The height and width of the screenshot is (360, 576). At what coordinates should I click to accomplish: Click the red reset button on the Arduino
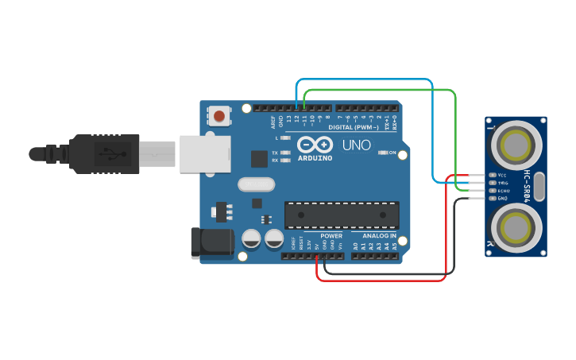218,118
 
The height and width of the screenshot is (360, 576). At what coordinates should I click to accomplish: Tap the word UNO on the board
356,145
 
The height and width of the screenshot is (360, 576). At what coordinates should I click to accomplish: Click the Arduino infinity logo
315,145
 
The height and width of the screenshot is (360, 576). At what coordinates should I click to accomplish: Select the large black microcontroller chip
342,215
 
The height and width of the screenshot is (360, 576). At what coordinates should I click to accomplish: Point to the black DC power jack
211,243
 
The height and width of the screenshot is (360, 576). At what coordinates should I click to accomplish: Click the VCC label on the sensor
502,174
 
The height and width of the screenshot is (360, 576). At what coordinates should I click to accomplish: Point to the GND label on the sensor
502,198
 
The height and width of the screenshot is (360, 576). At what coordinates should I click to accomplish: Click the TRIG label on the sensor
502,182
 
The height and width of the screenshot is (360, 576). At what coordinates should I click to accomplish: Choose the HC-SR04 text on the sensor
526,186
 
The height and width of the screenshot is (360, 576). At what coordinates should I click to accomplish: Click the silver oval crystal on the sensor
541,187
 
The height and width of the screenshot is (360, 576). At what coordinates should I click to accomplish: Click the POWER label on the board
331,236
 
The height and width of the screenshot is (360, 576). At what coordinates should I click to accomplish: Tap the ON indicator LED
383,152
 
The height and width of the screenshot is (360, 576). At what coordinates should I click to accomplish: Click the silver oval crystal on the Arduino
254,186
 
